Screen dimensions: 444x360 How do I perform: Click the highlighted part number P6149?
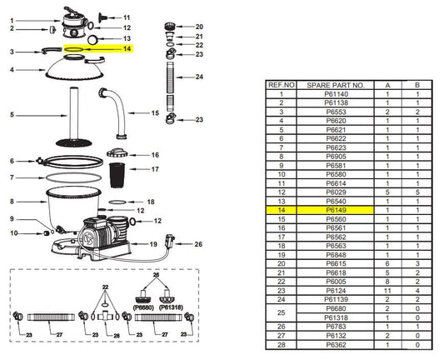coord(336,210)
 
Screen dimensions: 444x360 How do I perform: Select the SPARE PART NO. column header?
coord(336,85)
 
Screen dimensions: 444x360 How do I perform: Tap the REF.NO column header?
coord(282,85)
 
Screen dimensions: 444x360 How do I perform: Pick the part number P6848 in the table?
coord(336,255)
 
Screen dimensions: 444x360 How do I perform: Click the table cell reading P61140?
coord(336,94)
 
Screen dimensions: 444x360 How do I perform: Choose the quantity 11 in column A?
coord(387,291)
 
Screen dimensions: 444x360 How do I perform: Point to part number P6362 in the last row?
coord(336,345)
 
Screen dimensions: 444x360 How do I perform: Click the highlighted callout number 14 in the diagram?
coord(127,48)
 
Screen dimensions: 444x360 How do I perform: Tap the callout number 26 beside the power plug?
coord(198,244)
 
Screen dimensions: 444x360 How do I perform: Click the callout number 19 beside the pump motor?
coord(153,244)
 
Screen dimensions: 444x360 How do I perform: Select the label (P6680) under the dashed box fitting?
coord(143,307)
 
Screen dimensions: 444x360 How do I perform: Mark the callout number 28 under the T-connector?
coord(117,336)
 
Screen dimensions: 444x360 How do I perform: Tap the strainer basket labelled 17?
coord(117,175)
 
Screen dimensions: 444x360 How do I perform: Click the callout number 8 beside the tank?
coord(12,202)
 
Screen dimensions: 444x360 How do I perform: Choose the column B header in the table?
coord(417,85)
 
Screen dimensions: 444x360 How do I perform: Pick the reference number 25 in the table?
coord(282,312)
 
